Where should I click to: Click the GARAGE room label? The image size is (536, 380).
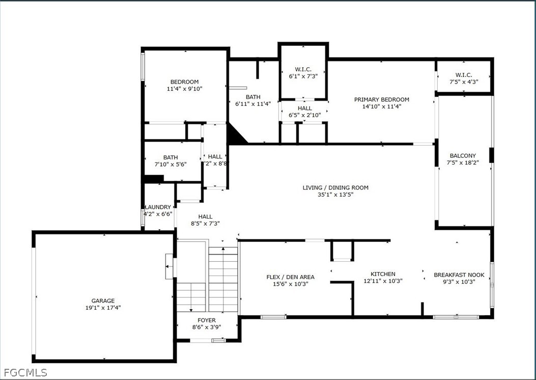pos(103,301)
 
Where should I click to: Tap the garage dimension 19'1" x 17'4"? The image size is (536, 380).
pos(103,308)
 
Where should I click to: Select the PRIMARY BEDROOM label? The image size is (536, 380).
pos(381,100)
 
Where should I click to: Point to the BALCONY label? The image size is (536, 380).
pos(463,156)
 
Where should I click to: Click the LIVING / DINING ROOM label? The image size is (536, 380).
pos(335,187)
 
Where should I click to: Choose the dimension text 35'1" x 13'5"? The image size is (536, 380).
pos(335,195)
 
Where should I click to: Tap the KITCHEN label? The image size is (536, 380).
pos(383,274)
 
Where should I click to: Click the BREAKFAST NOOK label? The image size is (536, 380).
pos(459,275)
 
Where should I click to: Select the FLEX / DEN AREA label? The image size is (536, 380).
pos(290,277)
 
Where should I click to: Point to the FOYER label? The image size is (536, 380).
pos(206,320)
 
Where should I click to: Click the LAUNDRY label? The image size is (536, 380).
pos(158,207)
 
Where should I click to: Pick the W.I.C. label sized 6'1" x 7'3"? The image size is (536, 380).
pos(303,69)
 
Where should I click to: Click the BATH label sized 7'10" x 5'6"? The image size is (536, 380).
pos(171,157)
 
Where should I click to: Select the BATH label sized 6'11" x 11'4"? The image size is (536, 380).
pos(253,97)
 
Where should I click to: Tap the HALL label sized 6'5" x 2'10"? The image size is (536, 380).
pos(304,108)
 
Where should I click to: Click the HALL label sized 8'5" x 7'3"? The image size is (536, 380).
pos(205,216)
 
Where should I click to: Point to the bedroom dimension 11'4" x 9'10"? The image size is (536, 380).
pos(184,89)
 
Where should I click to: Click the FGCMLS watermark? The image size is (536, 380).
pos(24,372)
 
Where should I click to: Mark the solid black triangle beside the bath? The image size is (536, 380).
pos(236,137)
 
